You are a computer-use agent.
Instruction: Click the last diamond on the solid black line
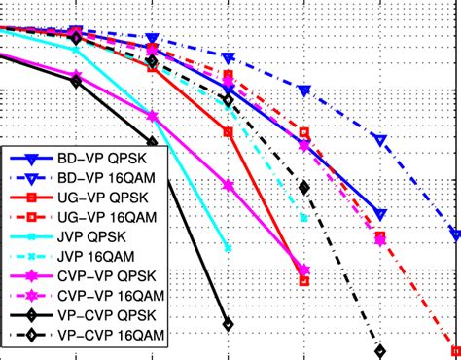point(228,325)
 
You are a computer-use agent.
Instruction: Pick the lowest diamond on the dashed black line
point(380,351)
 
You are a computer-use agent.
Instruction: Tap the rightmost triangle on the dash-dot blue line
point(456,234)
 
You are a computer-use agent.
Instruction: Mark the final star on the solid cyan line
point(228,247)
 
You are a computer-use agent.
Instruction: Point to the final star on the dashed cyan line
point(304,217)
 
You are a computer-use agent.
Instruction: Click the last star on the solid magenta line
point(304,270)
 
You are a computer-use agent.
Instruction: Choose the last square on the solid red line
point(304,281)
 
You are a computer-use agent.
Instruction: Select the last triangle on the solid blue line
point(380,213)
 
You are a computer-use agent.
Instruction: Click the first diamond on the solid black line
point(76,82)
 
